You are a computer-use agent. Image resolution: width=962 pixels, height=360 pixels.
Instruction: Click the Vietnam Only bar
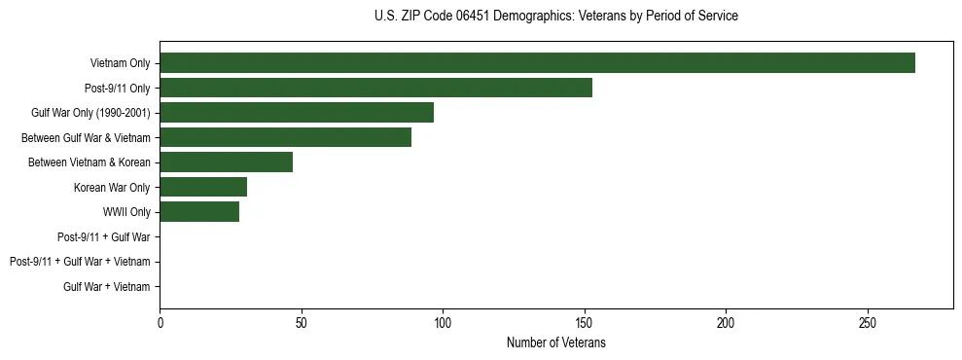coord(537,63)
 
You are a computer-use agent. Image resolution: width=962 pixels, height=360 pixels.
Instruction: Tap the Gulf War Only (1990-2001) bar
coord(297,113)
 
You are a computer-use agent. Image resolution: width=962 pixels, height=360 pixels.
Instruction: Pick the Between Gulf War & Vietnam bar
coord(285,137)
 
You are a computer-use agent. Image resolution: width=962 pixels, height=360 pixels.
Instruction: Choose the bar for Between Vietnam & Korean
coord(226,162)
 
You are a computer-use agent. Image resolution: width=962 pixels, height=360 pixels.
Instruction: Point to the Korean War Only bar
coord(203,187)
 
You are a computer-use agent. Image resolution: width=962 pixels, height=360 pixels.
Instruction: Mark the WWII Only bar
coord(199,212)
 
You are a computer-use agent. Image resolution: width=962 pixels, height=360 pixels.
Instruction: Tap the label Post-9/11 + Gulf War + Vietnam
coord(80,262)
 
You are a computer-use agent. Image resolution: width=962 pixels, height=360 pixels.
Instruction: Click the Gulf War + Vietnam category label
coord(106,287)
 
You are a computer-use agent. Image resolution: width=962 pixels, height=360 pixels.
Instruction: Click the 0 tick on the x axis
coord(160,322)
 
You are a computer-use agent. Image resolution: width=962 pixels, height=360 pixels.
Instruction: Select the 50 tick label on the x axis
coord(302,322)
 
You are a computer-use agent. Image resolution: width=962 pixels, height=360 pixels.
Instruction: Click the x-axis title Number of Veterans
coord(555,342)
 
